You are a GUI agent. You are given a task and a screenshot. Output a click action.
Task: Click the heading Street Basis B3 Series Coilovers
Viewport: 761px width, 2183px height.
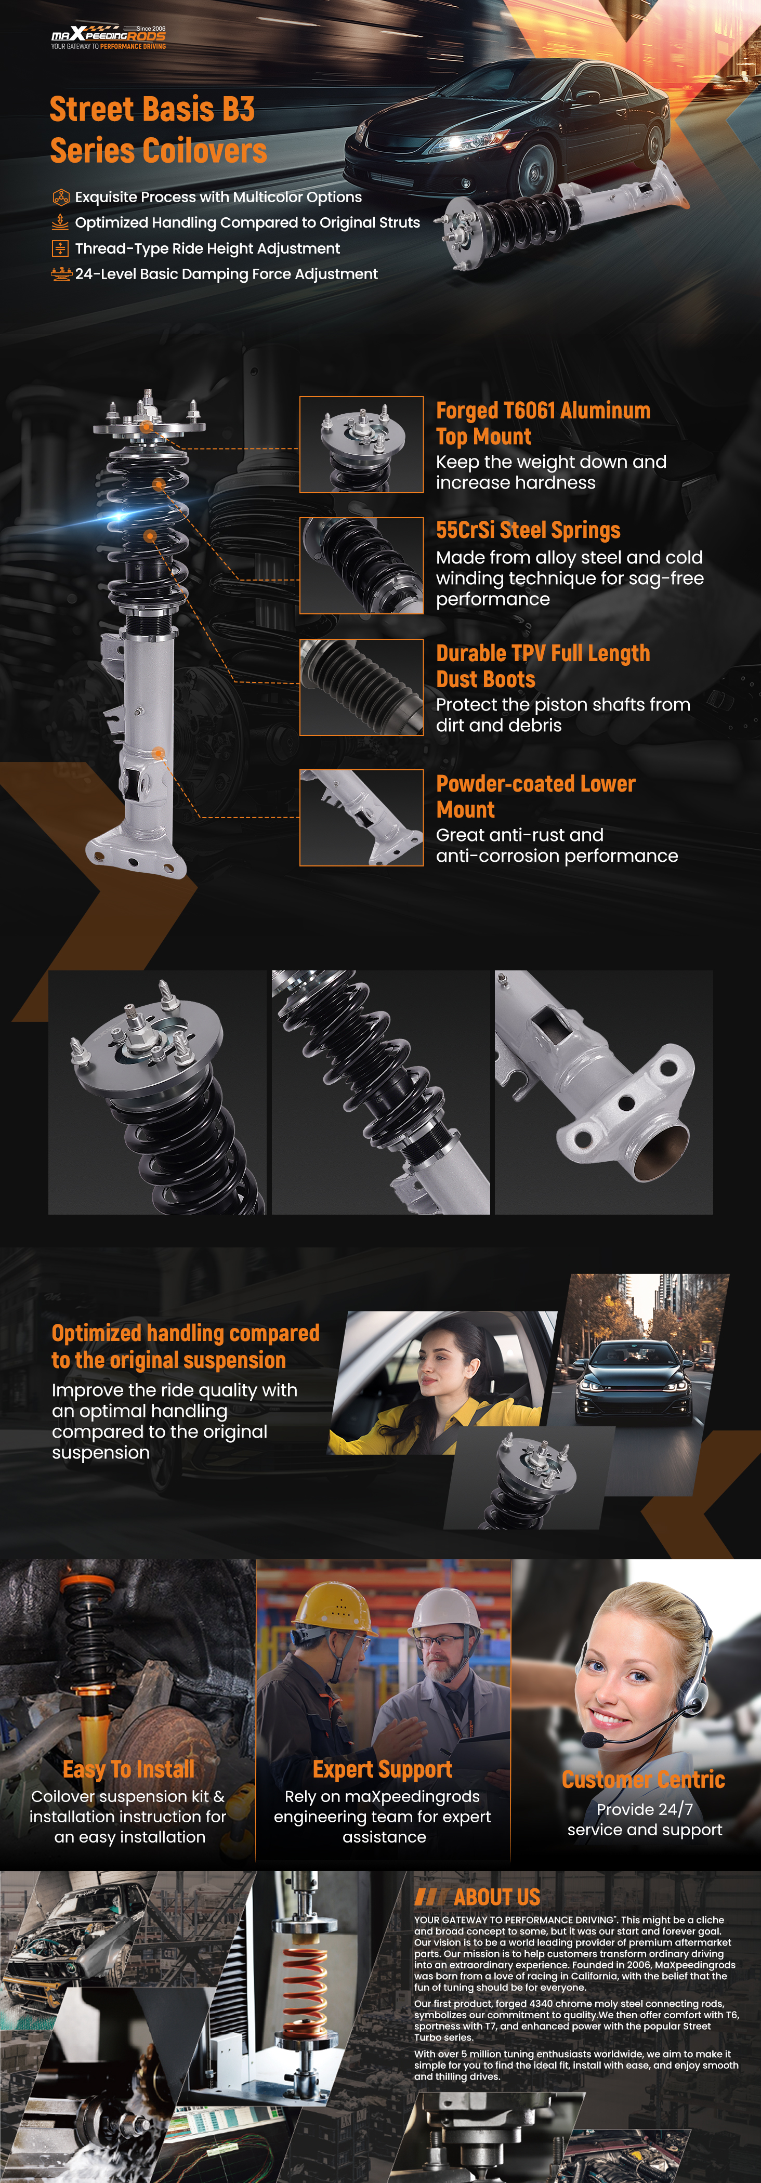point(159,129)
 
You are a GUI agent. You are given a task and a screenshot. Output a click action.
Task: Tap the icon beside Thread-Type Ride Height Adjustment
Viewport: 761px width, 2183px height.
point(60,248)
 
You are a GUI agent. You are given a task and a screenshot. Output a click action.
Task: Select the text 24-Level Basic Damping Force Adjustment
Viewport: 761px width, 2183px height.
point(226,274)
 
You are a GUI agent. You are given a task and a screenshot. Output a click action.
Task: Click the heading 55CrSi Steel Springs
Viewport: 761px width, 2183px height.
point(528,531)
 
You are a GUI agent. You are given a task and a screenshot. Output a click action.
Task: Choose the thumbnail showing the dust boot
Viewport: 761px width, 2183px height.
point(362,687)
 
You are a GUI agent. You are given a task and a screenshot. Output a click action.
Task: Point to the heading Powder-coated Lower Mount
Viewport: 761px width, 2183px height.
point(535,797)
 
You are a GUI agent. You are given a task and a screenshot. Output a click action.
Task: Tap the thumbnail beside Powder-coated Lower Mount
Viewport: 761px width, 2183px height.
point(362,818)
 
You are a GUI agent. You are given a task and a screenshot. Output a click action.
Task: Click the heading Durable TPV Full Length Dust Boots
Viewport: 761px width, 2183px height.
point(543,666)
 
